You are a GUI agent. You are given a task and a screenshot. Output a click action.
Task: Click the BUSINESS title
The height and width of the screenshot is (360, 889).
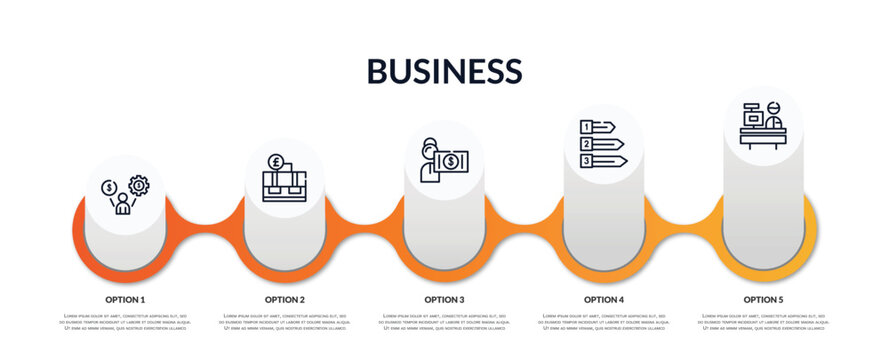(x=444, y=70)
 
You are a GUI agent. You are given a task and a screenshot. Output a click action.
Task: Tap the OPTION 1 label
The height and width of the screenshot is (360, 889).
(x=125, y=299)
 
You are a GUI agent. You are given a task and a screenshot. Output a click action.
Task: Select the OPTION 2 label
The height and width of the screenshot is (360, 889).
(x=285, y=299)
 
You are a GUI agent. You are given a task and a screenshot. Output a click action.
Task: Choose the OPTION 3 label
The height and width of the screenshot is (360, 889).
(x=444, y=299)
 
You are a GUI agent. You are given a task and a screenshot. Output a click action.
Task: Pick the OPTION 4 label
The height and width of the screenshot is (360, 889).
(x=604, y=299)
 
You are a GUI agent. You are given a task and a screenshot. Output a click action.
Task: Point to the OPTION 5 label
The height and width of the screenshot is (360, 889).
(x=763, y=299)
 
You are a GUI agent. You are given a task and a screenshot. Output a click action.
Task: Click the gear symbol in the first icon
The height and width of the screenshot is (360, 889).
(x=138, y=185)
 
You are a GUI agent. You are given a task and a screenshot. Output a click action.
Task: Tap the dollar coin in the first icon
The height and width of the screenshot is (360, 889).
(x=109, y=187)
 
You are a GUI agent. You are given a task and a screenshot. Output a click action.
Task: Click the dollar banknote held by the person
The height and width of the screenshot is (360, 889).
(x=451, y=161)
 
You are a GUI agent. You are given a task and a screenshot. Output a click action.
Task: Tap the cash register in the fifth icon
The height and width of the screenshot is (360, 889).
(x=750, y=114)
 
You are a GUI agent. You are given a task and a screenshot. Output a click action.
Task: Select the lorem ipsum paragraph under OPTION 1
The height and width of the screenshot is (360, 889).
(x=125, y=321)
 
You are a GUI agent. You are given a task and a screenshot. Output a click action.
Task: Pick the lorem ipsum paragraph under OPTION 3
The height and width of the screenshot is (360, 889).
(x=444, y=321)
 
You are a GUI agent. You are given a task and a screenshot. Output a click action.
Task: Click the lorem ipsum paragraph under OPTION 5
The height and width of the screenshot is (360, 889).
(x=763, y=321)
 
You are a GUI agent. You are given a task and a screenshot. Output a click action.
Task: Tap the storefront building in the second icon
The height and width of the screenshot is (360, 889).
(x=284, y=186)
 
